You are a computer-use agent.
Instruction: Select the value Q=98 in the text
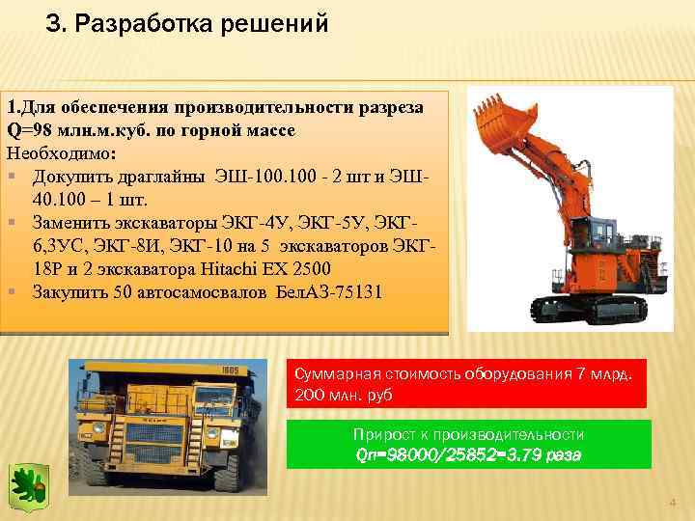[x=26, y=128]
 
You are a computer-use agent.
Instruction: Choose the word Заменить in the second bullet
[x=73, y=221]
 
